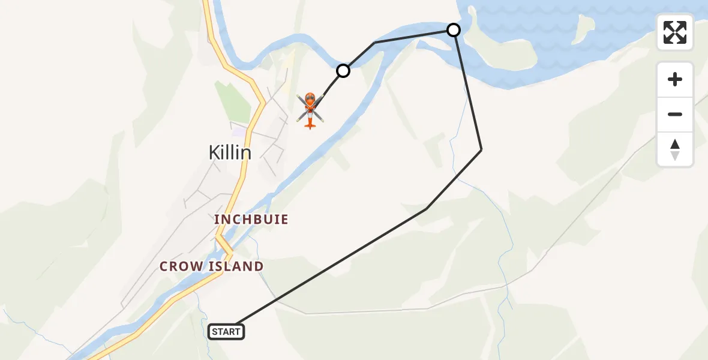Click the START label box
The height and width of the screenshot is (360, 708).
tap(226, 331)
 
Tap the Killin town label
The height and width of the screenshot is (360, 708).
tap(230, 152)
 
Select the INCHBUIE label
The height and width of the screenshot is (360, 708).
tap(251, 220)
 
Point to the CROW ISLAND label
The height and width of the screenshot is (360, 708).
tap(211, 266)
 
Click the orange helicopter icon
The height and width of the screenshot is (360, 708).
tap(310, 110)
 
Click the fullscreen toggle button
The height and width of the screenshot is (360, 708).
tap(675, 32)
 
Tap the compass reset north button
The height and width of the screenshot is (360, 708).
tap(675, 149)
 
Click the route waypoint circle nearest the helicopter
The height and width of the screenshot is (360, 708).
tap(343, 71)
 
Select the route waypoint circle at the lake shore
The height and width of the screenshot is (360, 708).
tap(454, 30)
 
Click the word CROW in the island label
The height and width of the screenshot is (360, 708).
tap(181, 266)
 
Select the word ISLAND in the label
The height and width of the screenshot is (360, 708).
tap(235, 266)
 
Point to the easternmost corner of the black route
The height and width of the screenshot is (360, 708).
tap(481, 149)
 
